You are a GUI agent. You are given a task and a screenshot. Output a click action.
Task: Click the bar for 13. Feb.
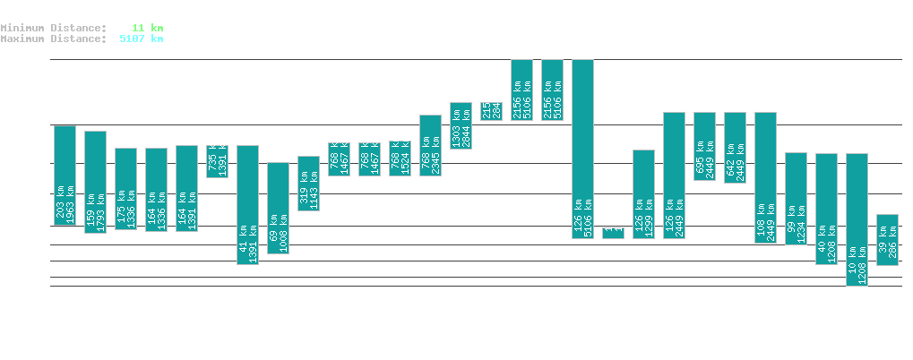pyautogui.click(x=65, y=176)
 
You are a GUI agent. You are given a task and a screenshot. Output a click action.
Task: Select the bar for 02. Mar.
pyautogui.click(x=582, y=149)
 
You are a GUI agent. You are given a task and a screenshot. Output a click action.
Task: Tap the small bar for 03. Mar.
pyautogui.click(x=613, y=233)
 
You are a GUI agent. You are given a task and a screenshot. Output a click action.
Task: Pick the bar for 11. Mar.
pyautogui.click(x=857, y=219)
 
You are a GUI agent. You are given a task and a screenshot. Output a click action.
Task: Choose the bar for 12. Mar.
pyautogui.click(x=887, y=240)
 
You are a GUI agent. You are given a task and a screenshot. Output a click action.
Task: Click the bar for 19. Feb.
pyautogui.click(x=247, y=204)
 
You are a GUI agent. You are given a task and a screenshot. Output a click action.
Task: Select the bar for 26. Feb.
pyautogui.click(x=461, y=125)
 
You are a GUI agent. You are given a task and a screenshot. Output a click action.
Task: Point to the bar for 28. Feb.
pyautogui.click(x=521, y=90)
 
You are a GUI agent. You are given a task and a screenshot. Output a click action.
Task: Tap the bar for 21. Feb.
pyautogui.click(x=308, y=184)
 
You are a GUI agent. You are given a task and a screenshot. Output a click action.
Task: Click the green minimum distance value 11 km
pyautogui.click(x=147, y=29)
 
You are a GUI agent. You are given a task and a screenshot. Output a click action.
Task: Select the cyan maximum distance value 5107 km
pyautogui.click(x=141, y=39)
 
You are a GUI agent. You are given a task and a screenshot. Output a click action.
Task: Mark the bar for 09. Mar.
pyautogui.click(x=796, y=199)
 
